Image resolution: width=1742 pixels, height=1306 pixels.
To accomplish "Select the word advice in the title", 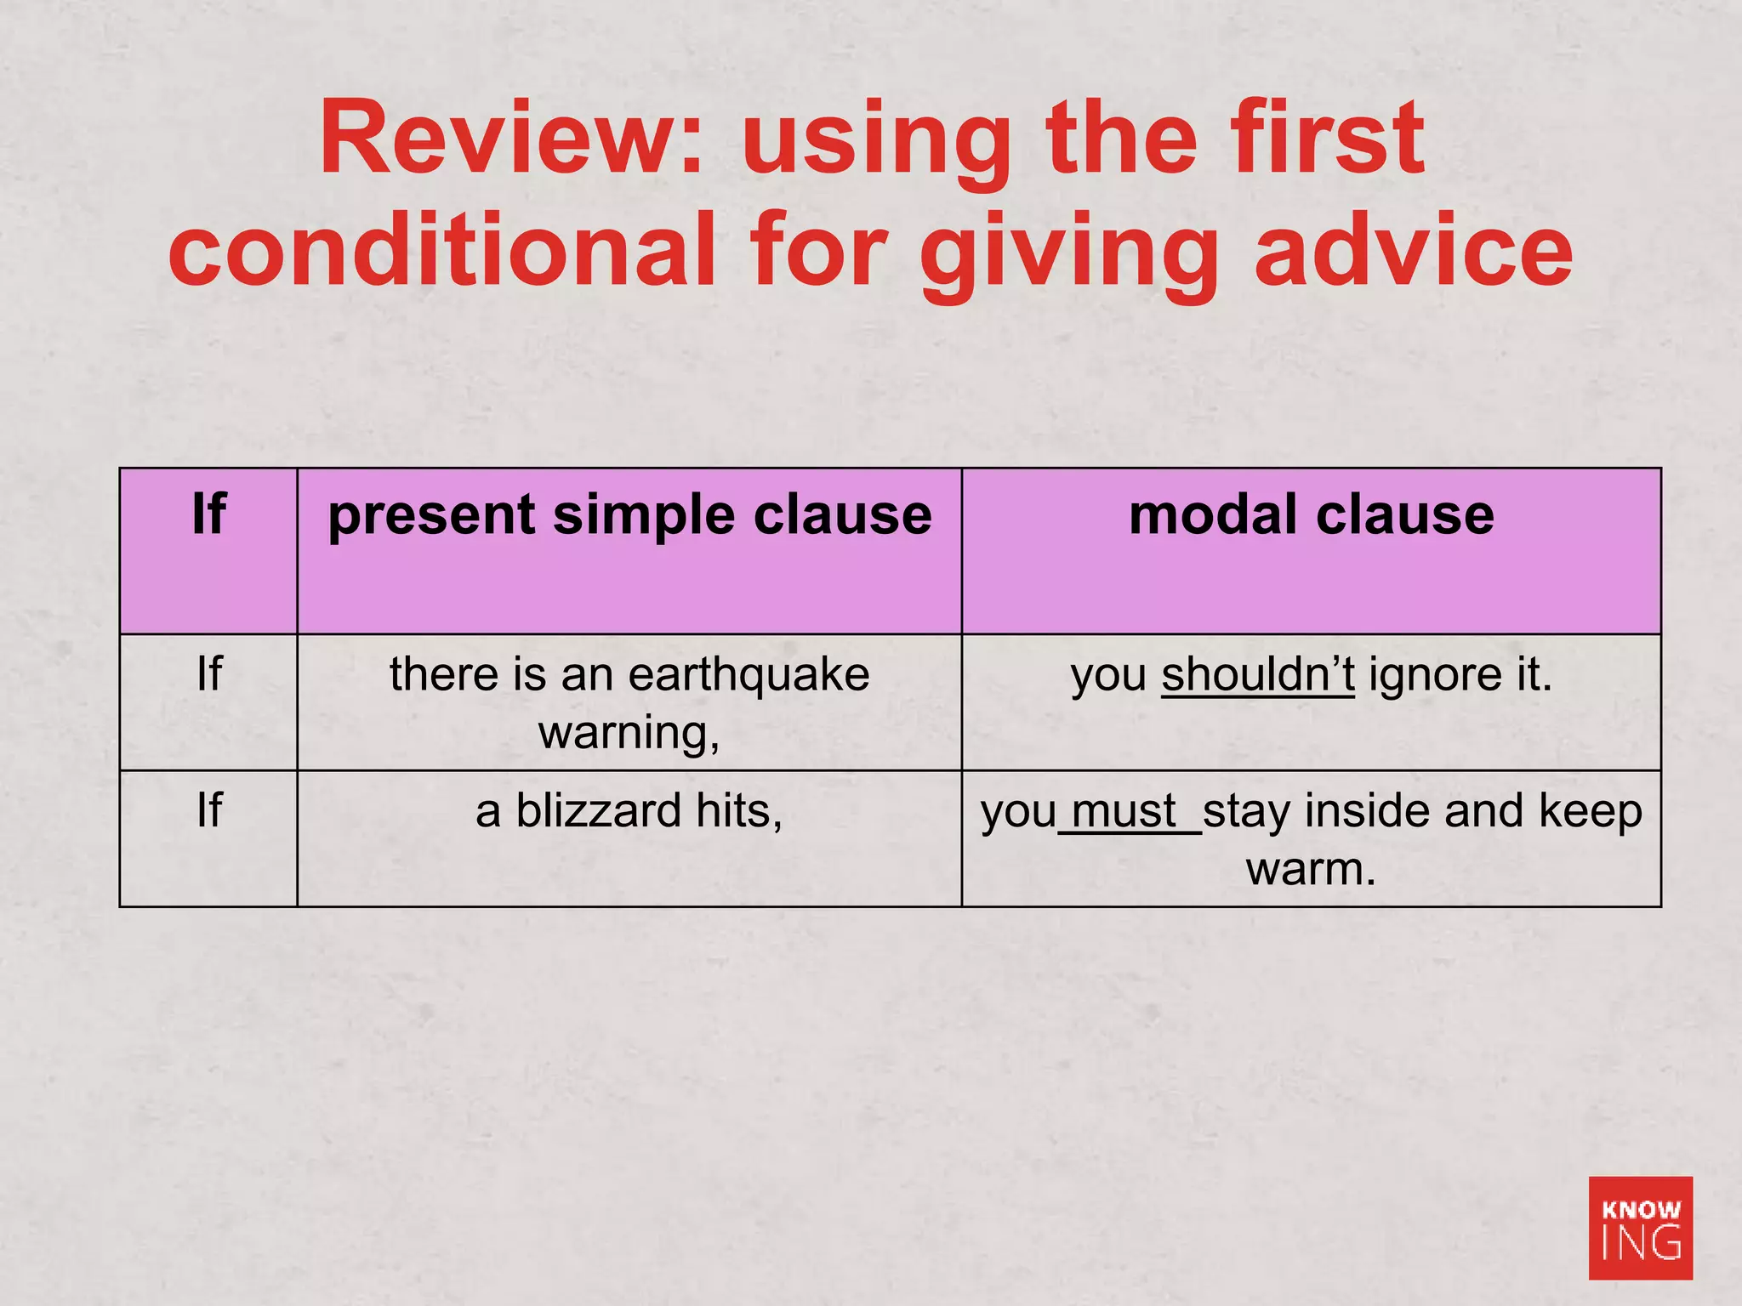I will click(x=1414, y=250).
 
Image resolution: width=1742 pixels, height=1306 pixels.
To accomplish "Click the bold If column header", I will click(x=208, y=514).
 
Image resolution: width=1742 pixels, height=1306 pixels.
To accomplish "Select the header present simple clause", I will click(x=629, y=516).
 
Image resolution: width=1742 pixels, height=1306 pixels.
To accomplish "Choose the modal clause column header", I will click(x=1311, y=514).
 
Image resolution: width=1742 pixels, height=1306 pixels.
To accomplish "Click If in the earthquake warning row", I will click(x=208, y=674).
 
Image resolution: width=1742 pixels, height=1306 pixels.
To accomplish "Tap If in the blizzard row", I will click(x=208, y=810).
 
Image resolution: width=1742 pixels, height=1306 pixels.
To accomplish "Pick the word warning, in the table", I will click(x=629, y=733).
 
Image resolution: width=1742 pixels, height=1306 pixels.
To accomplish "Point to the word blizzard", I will click(x=598, y=810).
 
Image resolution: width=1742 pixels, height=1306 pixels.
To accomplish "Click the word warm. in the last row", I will click(x=1311, y=869).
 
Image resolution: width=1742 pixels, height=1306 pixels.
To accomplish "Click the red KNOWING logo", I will click(x=1640, y=1228).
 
